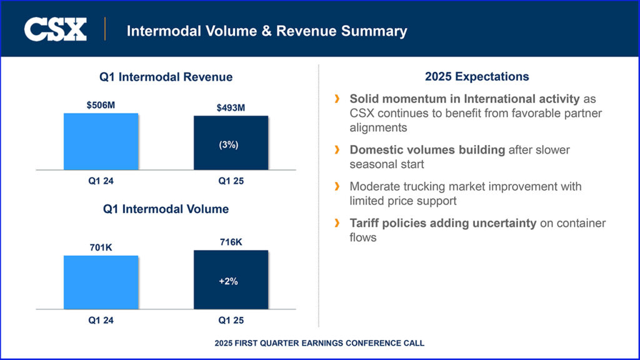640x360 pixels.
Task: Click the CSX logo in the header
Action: [x=55, y=29]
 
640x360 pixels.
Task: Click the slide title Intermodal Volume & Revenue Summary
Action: [x=267, y=31]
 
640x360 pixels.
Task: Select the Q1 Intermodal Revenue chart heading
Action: [x=166, y=77]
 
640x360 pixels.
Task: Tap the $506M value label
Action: [x=101, y=105]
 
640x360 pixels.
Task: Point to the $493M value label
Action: [x=231, y=108]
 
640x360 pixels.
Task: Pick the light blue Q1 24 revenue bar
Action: [x=101, y=141]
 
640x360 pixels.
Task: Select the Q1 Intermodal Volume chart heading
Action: [x=166, y=209]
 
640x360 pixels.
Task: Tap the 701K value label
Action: [x=101, y=248]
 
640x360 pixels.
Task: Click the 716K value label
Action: [x=231, y=242]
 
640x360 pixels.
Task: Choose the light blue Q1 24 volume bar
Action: [x=101, y=282]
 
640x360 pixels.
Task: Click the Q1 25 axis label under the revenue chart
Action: [x=231, y=181]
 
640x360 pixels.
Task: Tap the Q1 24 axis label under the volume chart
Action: [x=101, y=320]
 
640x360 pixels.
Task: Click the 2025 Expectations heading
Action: [x=477, y=77]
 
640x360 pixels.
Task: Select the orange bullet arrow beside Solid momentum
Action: [x=337, y=99]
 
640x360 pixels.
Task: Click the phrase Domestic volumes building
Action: [x=427, y=150]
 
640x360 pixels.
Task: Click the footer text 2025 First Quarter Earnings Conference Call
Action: [x=319, y=343]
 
